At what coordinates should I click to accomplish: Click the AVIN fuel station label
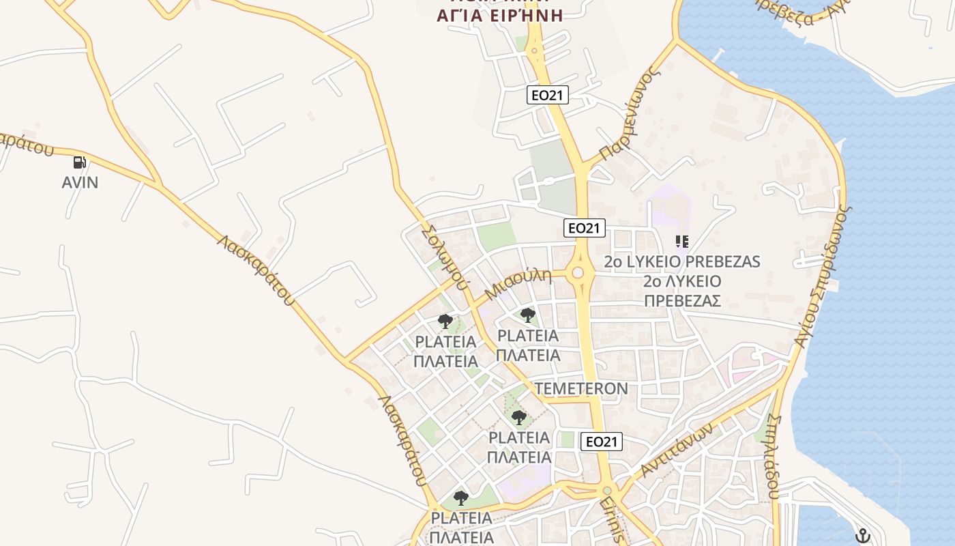tap(80, 182)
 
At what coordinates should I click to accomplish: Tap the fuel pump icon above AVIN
tap(80, 162)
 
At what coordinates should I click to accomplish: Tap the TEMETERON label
tap(581, 388)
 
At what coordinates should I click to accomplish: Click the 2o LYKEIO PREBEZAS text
tap(682, 262)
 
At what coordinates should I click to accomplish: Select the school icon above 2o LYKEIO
tap(681, 241)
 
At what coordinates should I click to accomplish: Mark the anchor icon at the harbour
tap(863, 536)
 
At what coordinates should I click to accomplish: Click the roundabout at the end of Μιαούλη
tap(578, 273)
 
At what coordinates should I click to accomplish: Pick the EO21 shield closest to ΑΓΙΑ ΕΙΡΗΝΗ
tap(548, 95)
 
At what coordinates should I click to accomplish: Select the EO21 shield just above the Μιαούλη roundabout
tap(585, 228)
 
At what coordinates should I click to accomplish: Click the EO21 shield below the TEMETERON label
tap(602, 442)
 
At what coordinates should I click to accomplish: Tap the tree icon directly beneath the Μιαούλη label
tap(527, 315)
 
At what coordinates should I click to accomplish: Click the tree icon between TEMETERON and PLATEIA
tap(519, 417)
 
